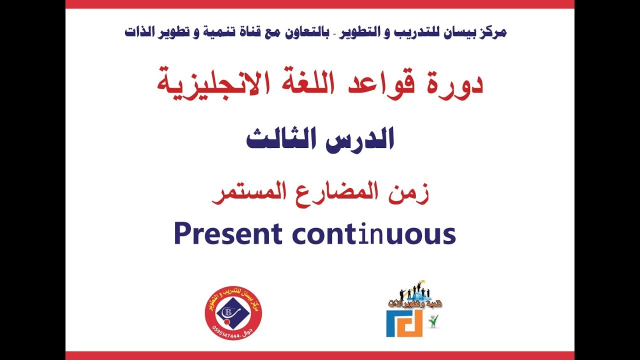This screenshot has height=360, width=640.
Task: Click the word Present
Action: point(228,234)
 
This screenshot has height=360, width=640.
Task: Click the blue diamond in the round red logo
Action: point(233,313)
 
